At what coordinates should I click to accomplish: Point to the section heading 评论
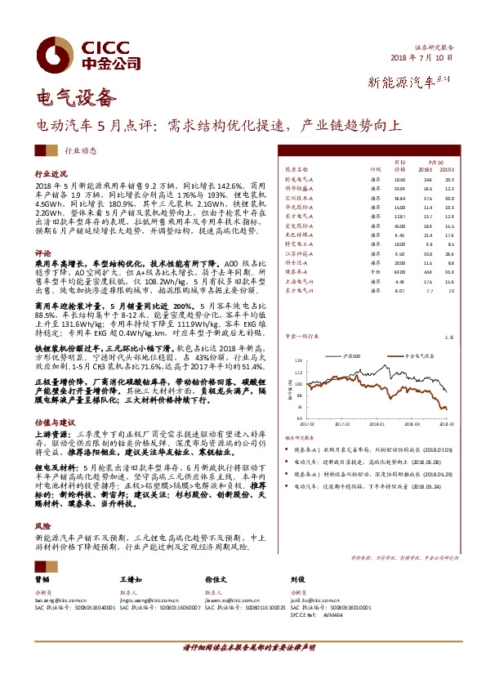pos(42,253)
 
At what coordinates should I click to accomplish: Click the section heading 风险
pos(42,527)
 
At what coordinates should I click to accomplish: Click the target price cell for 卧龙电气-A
pos(399,179)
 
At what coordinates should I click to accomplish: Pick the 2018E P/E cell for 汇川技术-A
pos(428,199)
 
